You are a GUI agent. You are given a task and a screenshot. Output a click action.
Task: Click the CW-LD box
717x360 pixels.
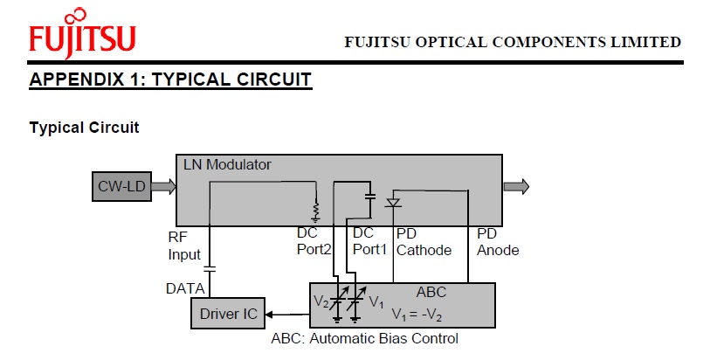(x=122, y=185)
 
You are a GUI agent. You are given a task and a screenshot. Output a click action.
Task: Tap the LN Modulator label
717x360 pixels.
(x=227, y=164)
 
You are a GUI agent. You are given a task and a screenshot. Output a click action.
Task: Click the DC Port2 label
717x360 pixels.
(x=314, y=242)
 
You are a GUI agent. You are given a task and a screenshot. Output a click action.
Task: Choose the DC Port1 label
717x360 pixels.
(x=369, y=242)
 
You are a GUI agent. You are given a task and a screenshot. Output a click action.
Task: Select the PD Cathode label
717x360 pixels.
(x=424, y=242)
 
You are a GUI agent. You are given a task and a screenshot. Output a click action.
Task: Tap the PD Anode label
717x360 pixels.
(x=498, y=242)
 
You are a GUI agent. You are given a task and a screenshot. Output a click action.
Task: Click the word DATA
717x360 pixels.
(x=185, y=287)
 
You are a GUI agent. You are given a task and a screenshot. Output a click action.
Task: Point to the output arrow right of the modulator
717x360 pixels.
(x=516, y=185)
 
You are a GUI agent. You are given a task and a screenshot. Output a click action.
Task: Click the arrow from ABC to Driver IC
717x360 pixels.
(x=288, y=313)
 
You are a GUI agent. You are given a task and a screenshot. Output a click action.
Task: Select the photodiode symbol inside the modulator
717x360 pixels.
(x=393, y=203)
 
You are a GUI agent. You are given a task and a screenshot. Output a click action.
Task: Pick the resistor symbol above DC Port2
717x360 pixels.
(x=316, y=211)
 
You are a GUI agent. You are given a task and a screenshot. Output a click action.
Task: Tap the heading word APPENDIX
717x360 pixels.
(x=77, y=80)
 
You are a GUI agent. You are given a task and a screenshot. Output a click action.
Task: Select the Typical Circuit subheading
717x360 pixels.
(x=84, y=128)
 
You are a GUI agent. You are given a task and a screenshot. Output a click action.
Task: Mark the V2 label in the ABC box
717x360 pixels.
(x=321, y=301)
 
